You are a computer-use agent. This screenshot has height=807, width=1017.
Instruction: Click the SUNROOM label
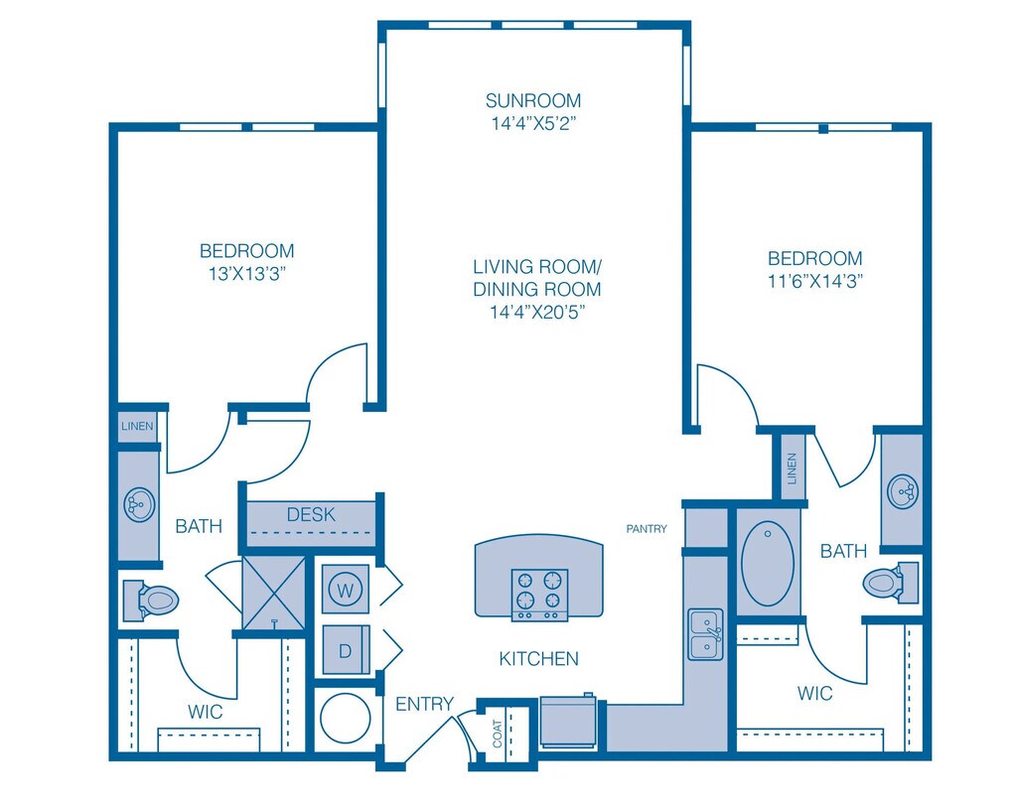point(533,100)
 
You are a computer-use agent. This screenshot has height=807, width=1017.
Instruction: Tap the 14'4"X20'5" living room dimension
point(537,312)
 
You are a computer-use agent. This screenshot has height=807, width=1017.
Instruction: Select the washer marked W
point(346,590)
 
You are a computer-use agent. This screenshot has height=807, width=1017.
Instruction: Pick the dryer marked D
point(346,650)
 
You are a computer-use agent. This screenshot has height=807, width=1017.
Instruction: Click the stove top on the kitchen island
point(539,595)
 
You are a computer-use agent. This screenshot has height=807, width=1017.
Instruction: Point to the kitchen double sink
point(706,634)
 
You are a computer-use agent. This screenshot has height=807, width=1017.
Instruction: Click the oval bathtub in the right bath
point(768,563)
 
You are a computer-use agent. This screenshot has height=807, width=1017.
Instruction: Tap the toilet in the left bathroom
point(151,601)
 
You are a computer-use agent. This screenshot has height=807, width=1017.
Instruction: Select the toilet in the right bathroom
point(890,582)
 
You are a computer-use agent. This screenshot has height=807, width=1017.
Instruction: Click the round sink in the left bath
point(139,504)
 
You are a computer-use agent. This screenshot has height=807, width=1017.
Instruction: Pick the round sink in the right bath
point(903,491)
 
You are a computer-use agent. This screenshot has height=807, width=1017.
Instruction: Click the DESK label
point(311,514)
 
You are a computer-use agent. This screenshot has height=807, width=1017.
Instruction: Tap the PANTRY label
point(646,529)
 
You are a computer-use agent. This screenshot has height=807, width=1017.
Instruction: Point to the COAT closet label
point(498,734)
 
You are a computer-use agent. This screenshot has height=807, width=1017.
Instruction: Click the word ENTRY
point(425,704)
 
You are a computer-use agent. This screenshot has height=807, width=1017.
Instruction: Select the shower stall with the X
point(274,593)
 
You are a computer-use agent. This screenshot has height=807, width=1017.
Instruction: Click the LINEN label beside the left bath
point(137,426)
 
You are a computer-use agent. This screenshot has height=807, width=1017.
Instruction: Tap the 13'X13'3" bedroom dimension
point(247,274)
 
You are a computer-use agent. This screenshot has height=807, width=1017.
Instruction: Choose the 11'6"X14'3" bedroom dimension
point(815,281)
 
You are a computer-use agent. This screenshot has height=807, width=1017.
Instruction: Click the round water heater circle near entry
point(346,719)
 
